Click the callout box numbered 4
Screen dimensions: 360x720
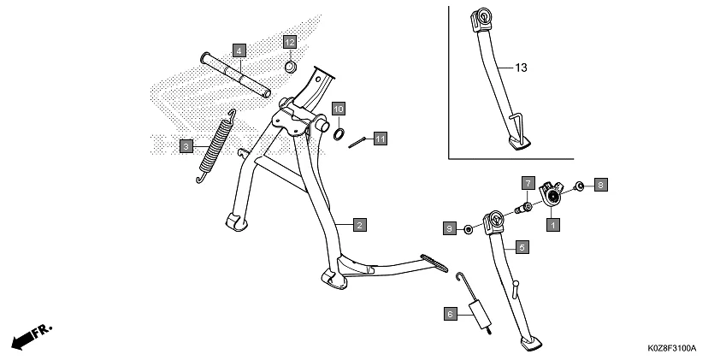tap(239, 50)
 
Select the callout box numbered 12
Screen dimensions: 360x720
tap(290, 42)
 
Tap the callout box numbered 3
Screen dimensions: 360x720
tap(186, 147)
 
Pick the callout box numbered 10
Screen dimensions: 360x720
tap(339, 109)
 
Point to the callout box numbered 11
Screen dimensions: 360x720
tap(380, 138)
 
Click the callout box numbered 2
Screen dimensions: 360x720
tap(360, 225)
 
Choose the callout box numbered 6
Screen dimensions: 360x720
tap(450, 314)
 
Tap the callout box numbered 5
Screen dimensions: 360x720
tap(522, 245)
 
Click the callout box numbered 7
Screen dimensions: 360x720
tap(528, 183)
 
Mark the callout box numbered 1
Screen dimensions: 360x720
tap(552, 225)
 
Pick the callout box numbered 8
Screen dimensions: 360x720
tap(600, 184)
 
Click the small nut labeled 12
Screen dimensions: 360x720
tap(290, 65)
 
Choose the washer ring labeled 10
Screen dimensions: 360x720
tap(339, 133)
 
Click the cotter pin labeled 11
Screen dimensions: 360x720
tap(358, 142)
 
